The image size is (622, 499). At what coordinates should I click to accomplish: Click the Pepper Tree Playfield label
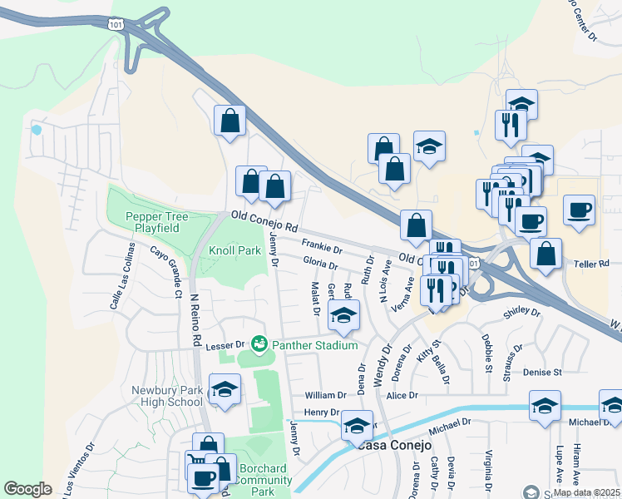point(157,222)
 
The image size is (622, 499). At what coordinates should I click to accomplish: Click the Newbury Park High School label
point(167,396)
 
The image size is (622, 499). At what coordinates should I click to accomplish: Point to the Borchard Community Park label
point(265,480)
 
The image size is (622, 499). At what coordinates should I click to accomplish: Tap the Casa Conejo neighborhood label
point(397,445)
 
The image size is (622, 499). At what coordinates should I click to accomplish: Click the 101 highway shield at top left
point(115,24)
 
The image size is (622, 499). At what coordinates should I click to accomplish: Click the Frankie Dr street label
point(322,247)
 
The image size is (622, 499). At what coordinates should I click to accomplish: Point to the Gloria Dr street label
point(320,264)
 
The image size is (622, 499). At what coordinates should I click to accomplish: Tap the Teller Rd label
point(592,264)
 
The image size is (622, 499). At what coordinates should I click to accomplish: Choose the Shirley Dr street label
point(521,314)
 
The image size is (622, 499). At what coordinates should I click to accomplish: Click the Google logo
point(28,489)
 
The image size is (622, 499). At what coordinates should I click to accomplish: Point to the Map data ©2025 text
point(585,492)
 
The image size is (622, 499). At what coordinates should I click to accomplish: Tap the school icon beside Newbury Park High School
point(225,389)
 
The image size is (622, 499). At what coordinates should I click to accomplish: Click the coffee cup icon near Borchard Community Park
point(204,478)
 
